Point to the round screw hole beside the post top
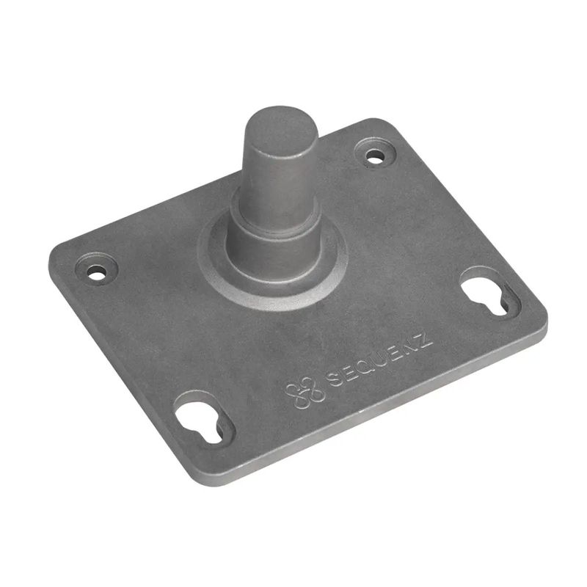click(375, 156)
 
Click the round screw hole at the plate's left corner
click(96, 271)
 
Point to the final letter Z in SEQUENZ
click(425, 340)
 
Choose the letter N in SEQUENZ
click(410, 347)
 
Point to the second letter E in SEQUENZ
click(395, 354)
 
